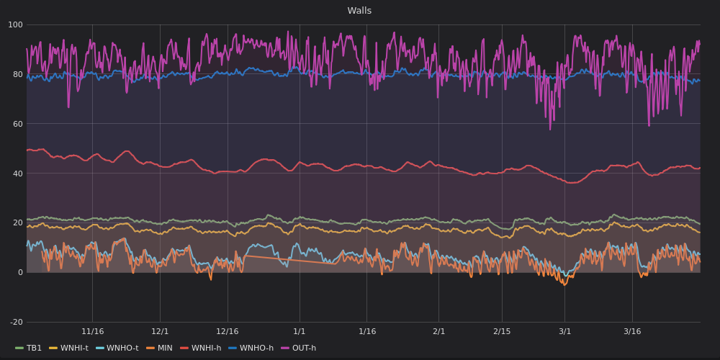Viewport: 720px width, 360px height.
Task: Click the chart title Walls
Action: coord(359,11)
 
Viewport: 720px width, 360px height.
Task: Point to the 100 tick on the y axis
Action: coord(15,25)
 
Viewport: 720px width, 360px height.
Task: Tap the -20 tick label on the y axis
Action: coord(15,322)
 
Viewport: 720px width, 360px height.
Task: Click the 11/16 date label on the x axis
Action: coord(92,332)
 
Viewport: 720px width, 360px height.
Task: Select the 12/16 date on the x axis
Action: coord(228,332)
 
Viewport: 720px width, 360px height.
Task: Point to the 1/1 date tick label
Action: coord(300,332)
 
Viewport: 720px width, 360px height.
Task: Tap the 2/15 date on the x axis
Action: coord(502,332)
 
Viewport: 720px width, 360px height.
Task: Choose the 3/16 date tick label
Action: coord(632,332)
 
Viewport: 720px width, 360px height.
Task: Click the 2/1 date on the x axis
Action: coord(438,332)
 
